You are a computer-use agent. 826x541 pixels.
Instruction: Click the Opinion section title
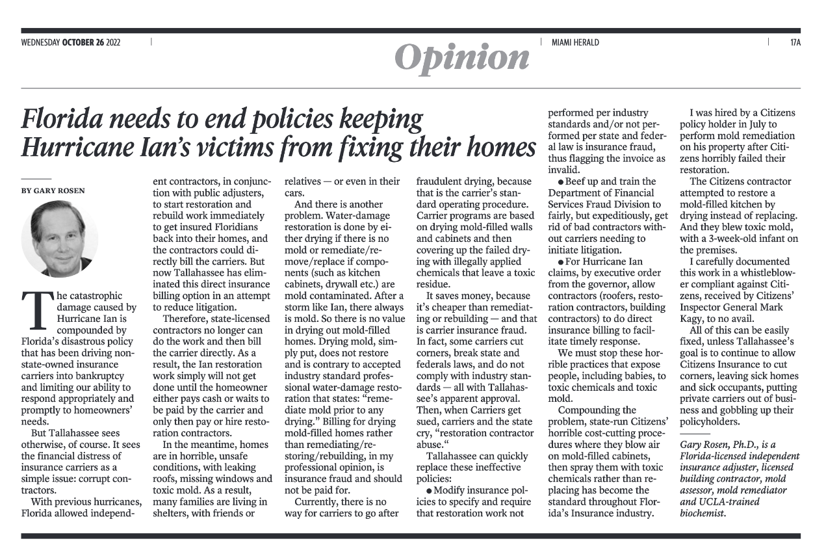click(462, 57)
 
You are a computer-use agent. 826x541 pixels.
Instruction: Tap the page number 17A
click(795, 43)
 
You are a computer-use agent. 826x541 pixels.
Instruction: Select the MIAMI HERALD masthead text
click(575, 43)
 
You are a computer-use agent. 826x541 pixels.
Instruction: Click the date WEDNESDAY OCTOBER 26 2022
click(71, 43)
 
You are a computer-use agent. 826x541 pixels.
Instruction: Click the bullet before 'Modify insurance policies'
click(429, 490)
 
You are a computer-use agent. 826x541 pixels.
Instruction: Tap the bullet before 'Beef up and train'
click(560, 181)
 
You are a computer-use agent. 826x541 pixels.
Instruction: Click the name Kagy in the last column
click(693, 319)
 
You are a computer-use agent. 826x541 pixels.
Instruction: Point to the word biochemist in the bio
click(703, 513)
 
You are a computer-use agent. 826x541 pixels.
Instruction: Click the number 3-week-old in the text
click(736, 239)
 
